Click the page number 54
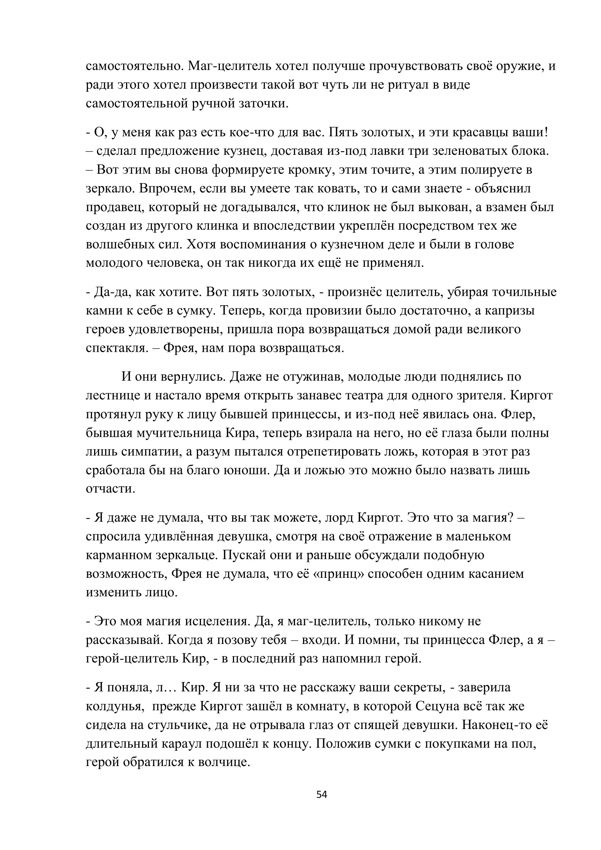[x=322, y=794]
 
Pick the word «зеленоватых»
[x=461, y=151]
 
